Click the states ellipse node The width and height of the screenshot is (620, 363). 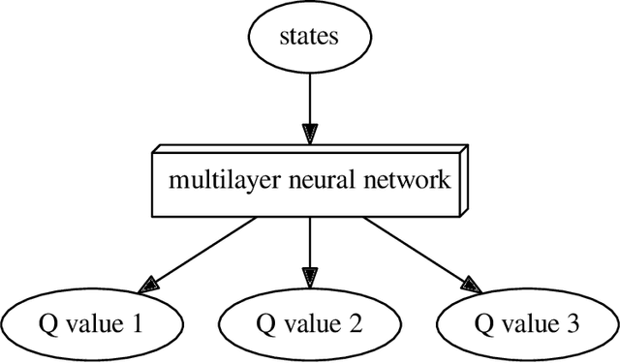[309, 38]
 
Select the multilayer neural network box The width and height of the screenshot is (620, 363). [309, 182]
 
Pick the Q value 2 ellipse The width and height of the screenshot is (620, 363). [309, 323]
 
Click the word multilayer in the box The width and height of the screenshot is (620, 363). [211, 182]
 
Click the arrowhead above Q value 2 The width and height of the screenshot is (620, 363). [309, 277]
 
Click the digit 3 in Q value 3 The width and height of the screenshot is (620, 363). [574, 323]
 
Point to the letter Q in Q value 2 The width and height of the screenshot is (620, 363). [264, 323]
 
